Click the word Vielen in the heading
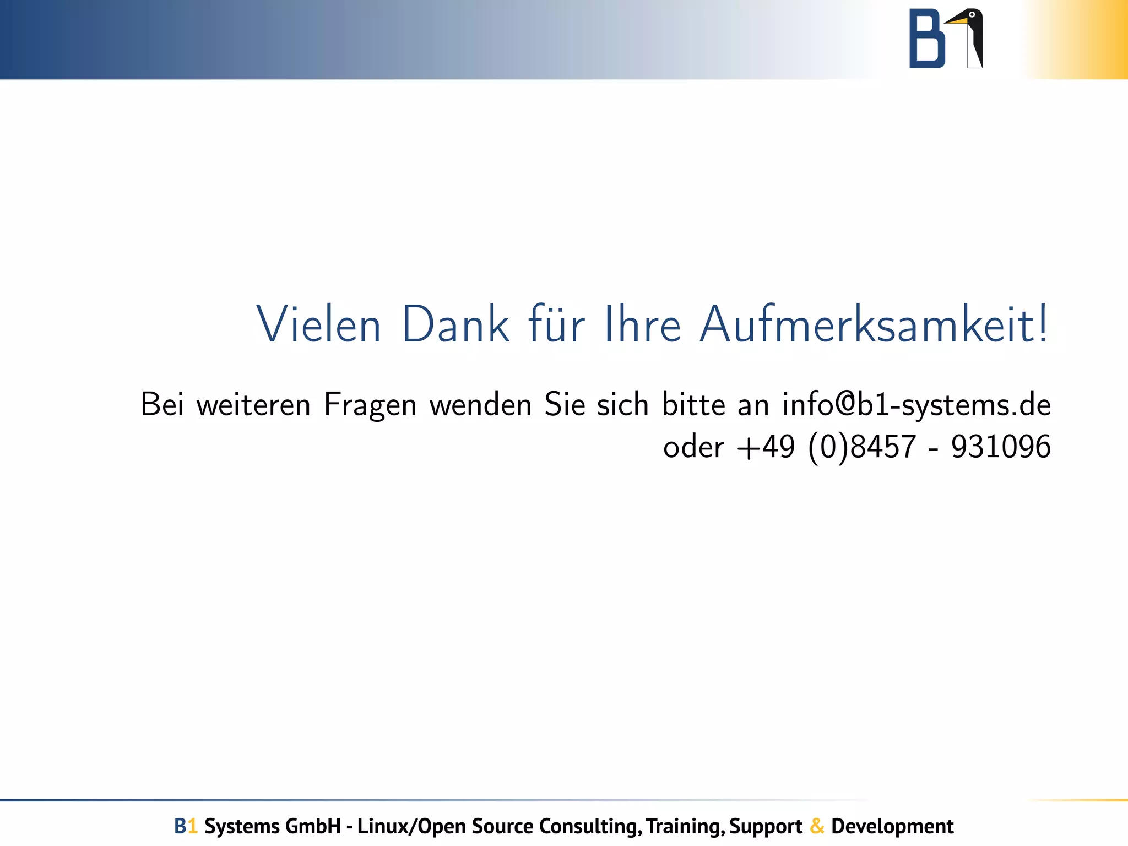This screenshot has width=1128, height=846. click(319, 325)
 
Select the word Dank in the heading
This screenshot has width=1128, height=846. click(455, 325)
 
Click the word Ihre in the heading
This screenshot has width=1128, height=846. click(643, 325)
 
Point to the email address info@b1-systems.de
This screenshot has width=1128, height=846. click(916, 405)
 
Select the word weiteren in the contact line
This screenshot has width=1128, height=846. click(254, 405)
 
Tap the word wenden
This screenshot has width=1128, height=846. click(480, 405)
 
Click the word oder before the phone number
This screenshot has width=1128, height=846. click(693, 447)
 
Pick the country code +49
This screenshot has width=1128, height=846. click(766, 447)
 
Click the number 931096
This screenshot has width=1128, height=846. click(1001, 447)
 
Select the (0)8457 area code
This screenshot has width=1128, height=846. click(862, 447)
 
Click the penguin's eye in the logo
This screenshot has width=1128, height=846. click(972, 15)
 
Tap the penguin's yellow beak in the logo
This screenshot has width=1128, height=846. click(957, 21)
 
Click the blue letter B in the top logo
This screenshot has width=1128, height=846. click(927, 39)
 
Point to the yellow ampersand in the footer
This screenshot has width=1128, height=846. click(817, 826)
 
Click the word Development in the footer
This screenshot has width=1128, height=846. click(892, 826)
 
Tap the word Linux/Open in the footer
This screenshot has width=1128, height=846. click(412, 826)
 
